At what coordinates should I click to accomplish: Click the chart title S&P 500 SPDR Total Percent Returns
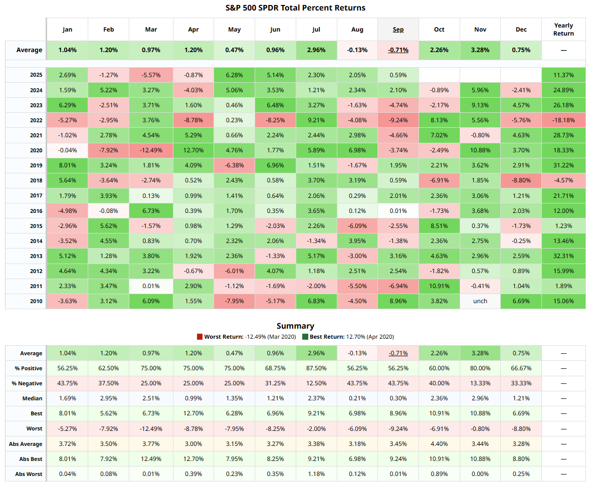click(x=296, y=8)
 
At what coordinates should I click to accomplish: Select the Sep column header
click(x=398, y=30)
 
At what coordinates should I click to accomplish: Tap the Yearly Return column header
click(x=563, y=30)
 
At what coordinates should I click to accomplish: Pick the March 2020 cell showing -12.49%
click(x=151, y=150)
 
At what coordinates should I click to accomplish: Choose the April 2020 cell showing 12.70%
click(x=193, y=150)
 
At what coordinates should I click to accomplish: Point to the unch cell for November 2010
click(x=480, y=301)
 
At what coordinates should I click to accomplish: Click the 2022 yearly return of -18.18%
click(x=563, y=120)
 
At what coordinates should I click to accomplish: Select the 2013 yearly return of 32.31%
click(x=563, y=256)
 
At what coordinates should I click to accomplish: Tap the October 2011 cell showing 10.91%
click(x=439, y=286)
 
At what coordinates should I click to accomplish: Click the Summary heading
click(x=296, y=326)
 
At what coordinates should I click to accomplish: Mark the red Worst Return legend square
click(x=200, y=337)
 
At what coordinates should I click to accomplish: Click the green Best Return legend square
click(x=305, y=337)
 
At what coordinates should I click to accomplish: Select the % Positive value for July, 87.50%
click(x=316, y=368)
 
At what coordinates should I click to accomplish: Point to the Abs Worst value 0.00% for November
click(x=480, y=474)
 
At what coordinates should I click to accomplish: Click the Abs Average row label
click(x=26, y=444)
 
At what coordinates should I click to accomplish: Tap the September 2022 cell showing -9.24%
click(x=398, y=120)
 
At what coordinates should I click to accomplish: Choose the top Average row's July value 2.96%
click(x=316, y=50)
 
